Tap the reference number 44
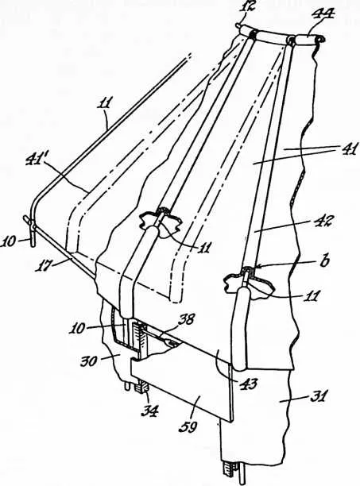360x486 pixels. (323, 13)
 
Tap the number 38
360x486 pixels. (186, 319)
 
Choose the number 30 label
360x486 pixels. (90, 361)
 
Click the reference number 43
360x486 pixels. (249, 384)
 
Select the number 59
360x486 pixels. (188, 427)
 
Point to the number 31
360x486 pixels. (319, 397)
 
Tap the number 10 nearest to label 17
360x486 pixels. (9, 241)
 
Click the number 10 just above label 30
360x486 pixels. (76, 329)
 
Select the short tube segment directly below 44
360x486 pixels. (307, 40)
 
